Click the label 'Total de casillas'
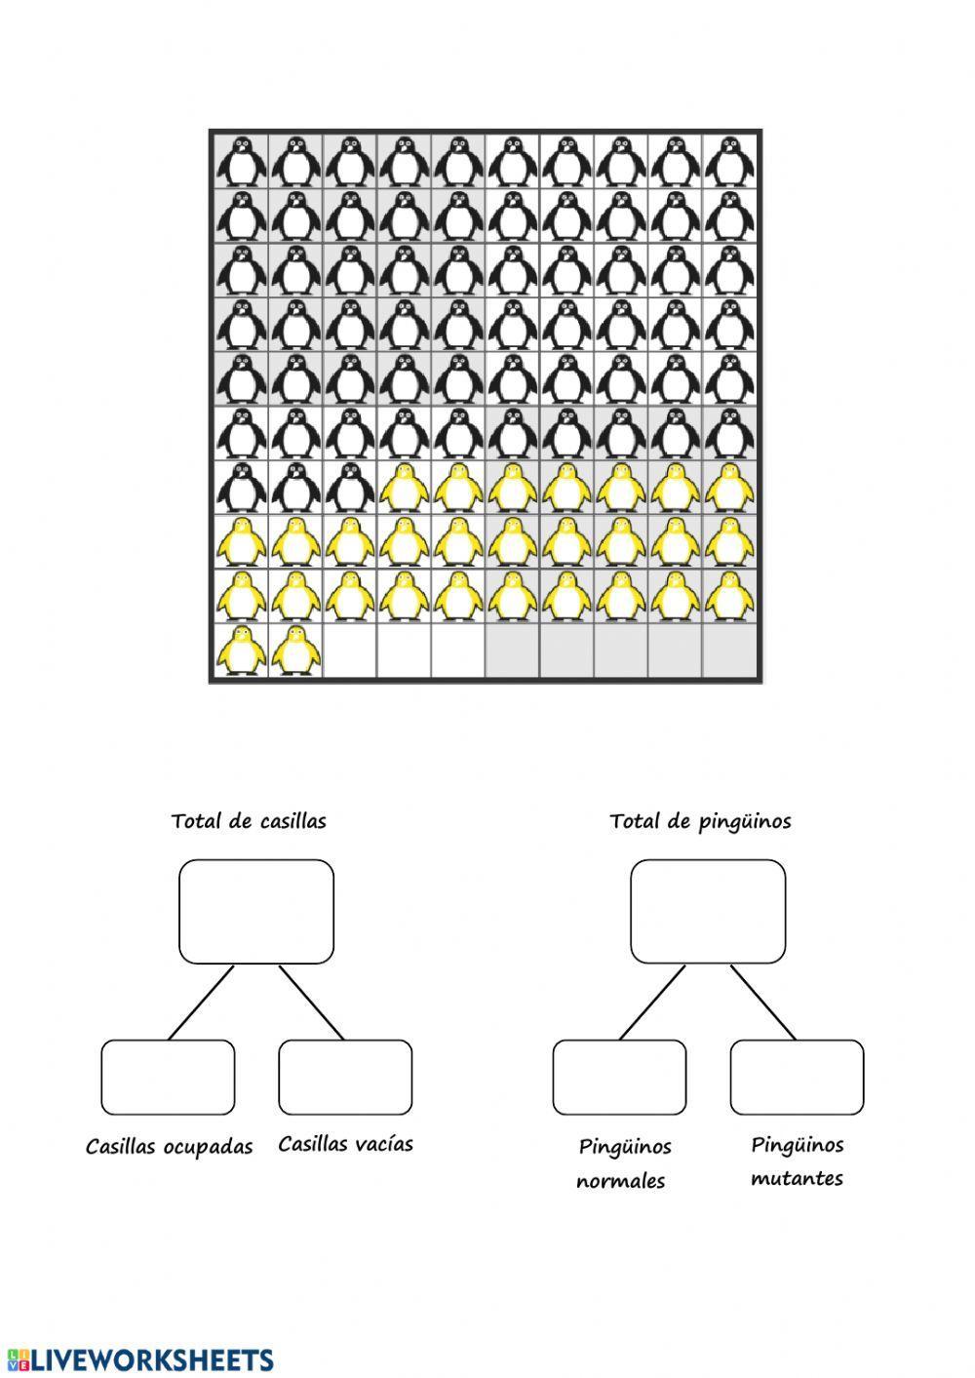(249, 821)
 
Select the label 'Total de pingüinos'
(700, 821)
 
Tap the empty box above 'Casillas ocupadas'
(168, 1077)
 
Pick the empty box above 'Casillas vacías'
(345, 1077)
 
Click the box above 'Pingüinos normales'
(619, 1077)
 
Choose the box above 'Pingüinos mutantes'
(797, 1077)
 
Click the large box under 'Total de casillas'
(256, 911)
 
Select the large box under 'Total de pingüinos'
(708, 911)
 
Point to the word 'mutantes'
(797, 1178)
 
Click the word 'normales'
(620, 1181)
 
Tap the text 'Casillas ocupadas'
(169, 1147)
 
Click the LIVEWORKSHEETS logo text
(140, 1359)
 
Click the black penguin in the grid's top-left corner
(241, 160)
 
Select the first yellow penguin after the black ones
(404, 487)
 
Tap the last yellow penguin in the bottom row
(295, 650)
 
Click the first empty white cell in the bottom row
(349, 650)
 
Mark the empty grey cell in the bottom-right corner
(730, 650)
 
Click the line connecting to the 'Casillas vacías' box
(312, 1003)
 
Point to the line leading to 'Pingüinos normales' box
(652, 1003)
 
